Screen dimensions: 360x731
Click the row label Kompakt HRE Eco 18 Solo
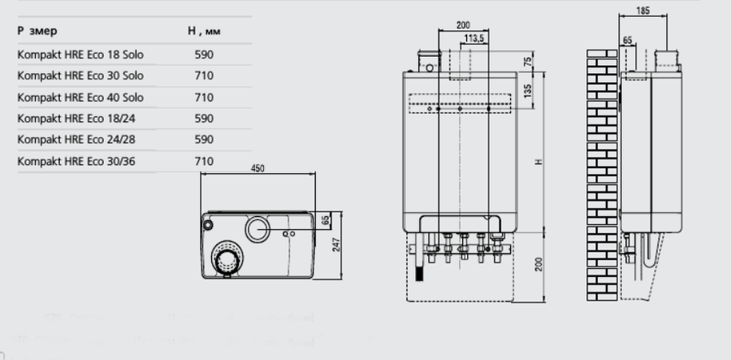point(80,54)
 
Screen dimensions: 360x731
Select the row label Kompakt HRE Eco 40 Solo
point(80,98)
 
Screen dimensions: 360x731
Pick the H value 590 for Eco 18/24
point(204,119)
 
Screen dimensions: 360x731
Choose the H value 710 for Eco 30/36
point(204,162)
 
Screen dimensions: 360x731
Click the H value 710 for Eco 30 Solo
point(204,76)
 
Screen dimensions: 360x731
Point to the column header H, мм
point(204,31)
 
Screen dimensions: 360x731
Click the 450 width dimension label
point(257,168)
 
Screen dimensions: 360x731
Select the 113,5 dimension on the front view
point(475,38)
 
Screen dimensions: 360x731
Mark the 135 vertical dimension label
point(529,89)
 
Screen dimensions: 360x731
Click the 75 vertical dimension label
point(529,62)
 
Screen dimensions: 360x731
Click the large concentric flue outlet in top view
point(227,259)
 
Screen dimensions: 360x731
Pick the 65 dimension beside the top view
point(325,220)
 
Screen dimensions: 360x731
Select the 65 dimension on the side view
point(627,39)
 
